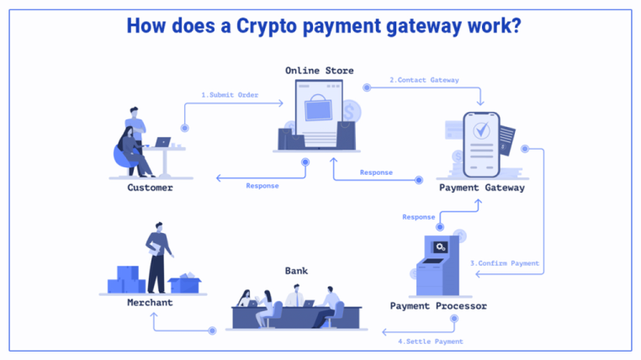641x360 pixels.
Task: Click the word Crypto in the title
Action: click(267, 26)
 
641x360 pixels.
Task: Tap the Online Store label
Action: click(320, 71)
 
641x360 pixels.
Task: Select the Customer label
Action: click(150, 188)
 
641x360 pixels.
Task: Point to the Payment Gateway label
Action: click(481, 188)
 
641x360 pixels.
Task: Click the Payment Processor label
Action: click(438, 305)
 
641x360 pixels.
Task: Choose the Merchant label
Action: click(150, 303)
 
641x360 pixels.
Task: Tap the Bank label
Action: click(296, 271)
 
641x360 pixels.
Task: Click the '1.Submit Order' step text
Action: click(230, 95)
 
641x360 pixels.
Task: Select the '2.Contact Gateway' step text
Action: click(424, 80)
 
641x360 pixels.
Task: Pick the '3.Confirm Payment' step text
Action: click(505, 263)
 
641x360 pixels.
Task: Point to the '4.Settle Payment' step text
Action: click(431, 341)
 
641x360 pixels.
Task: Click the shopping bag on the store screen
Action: click(318, 108)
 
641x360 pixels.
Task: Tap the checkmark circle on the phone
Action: click(481, 130)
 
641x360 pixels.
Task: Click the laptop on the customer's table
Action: click(162, 142)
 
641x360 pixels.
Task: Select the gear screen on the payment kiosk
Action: click(440, 246)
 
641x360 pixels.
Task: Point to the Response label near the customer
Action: click(262, 186)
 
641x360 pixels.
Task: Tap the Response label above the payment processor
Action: click(419, 217)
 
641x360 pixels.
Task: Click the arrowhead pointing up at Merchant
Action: click(154, 315)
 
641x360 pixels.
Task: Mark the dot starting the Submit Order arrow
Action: click(185, 128)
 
